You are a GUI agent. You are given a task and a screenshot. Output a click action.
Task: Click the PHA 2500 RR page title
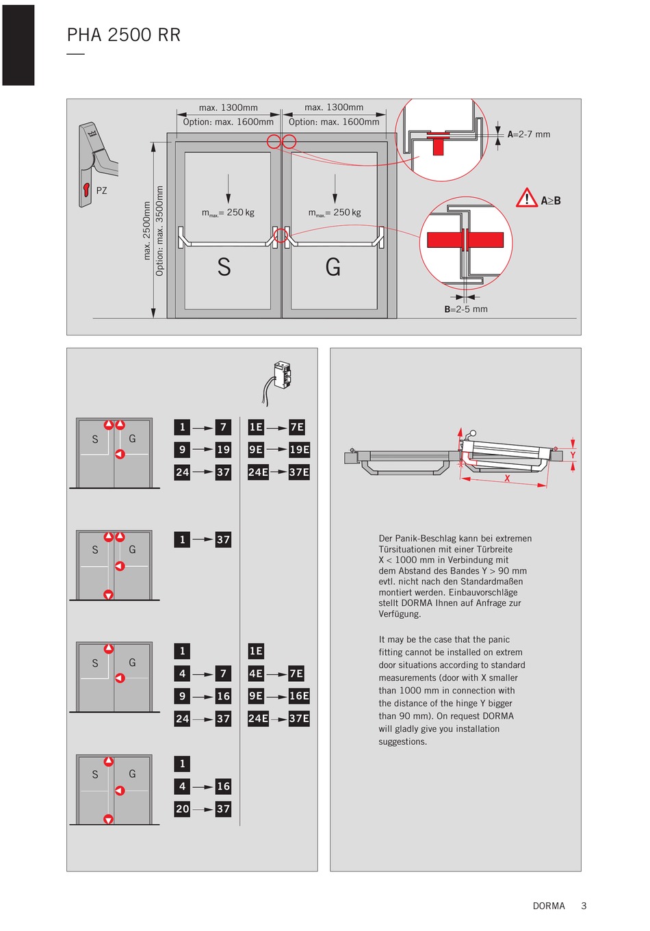click(x=124, y=35)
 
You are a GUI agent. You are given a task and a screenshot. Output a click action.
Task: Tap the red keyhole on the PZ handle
click(x=86, y=190)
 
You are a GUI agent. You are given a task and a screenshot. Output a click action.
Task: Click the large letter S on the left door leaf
click(x=224, y=267)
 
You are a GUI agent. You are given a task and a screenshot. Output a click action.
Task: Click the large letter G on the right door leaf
click(x=333, y=267)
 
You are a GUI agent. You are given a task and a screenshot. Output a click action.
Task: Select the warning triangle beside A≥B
click(x=527, y=198)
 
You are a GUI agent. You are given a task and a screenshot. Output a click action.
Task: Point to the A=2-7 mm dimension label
click(x=529, y=134)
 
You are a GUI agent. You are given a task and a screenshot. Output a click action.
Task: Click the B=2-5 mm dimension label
click(x=465, y=309)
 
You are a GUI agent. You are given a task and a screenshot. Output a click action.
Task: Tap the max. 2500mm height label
click(x=146, y=231)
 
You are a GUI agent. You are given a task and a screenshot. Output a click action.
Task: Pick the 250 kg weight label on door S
click(x=229, y=212)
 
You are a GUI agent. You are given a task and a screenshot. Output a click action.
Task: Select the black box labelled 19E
click(x=299, y=449)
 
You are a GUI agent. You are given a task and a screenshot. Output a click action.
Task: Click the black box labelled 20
click(x=182, y=808)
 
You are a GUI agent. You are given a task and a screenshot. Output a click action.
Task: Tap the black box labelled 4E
click(x=256, y=674)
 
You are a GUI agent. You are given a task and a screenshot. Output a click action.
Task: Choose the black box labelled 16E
click(x=299, y=696)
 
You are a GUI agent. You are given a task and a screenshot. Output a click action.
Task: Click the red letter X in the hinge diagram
click(x=507, y=479)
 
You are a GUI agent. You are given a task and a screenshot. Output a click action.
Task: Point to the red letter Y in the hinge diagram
click(x=573, y=455)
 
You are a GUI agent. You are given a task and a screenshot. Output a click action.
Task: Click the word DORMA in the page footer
click(x=549, y=906)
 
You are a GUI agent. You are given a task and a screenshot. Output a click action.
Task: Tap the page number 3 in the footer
click(x=584, y=906)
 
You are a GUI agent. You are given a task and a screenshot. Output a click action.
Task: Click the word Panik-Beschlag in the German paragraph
click(x=425, y=539)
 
